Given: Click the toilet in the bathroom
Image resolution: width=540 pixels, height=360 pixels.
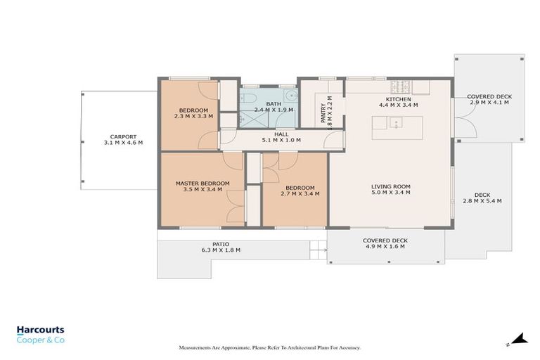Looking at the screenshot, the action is pyautogui.click(x=247, y=98).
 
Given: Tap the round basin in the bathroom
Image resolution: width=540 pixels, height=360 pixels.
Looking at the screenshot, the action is pyautogui.click(x=291, y=95).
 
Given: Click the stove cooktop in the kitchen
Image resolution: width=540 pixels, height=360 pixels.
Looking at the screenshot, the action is pyautogui.click(x=400, y=87).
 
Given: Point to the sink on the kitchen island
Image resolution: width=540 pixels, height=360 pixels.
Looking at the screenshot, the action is pyautogui.click(x=396, y=122).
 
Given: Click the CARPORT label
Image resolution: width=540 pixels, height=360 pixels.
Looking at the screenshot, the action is pyautogui.click(x=123, y=137).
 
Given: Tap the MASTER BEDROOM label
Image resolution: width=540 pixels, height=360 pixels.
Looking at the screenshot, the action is pyautogui.click(x=202, y=184).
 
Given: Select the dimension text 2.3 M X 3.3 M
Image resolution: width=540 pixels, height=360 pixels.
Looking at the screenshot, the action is pyautogui.click(x=193, y=117).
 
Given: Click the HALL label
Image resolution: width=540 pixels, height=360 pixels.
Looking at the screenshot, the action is pyautogui.click(x=281, y=134).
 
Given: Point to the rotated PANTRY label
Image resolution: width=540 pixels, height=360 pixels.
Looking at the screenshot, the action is pyautogui.click(x=323, y=113).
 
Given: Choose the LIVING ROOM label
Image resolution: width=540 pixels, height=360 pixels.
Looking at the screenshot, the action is pyautogui.click(x=391, y=186).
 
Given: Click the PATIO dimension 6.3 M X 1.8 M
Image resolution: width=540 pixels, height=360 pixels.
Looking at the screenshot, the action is pyautogui.click(x=221, y=250).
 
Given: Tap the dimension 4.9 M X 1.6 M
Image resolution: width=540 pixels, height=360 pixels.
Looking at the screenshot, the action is pyautogui.click(x=385, y=246).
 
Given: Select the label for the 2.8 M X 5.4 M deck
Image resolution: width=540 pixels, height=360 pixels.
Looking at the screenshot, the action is pyautogui.click(x=482, y=195).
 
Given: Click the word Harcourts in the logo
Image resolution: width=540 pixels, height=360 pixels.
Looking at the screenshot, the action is pyautogui.click(x=41, y=330).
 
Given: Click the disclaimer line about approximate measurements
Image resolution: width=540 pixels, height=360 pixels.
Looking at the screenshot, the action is pyautogui.click(x=270, y=348).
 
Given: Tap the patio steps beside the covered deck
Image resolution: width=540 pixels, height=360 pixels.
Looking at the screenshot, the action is pyautogui.click(x=319, y=250).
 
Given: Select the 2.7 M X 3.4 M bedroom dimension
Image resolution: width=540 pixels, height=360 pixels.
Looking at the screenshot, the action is pyautogui.click(x=300, y=193).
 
